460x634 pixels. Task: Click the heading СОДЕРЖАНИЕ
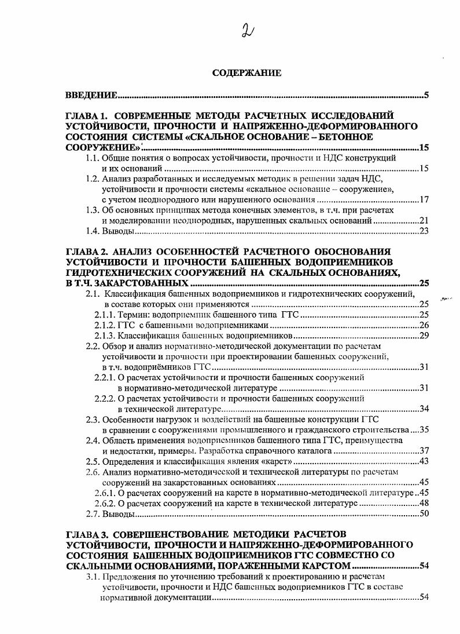coord(246,73)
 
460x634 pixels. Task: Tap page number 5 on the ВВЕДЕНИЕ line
coord(426,95)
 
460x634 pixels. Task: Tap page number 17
coord(423,200)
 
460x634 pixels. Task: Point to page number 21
coord(423,221)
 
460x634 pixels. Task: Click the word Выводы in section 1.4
coord(119,231)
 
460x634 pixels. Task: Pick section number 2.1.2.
coord(105,325)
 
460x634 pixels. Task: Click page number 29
coord(423,336)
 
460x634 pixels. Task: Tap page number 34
coord(423,409)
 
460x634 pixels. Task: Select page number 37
coord(423,451)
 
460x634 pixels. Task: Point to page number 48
coord(423,503)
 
